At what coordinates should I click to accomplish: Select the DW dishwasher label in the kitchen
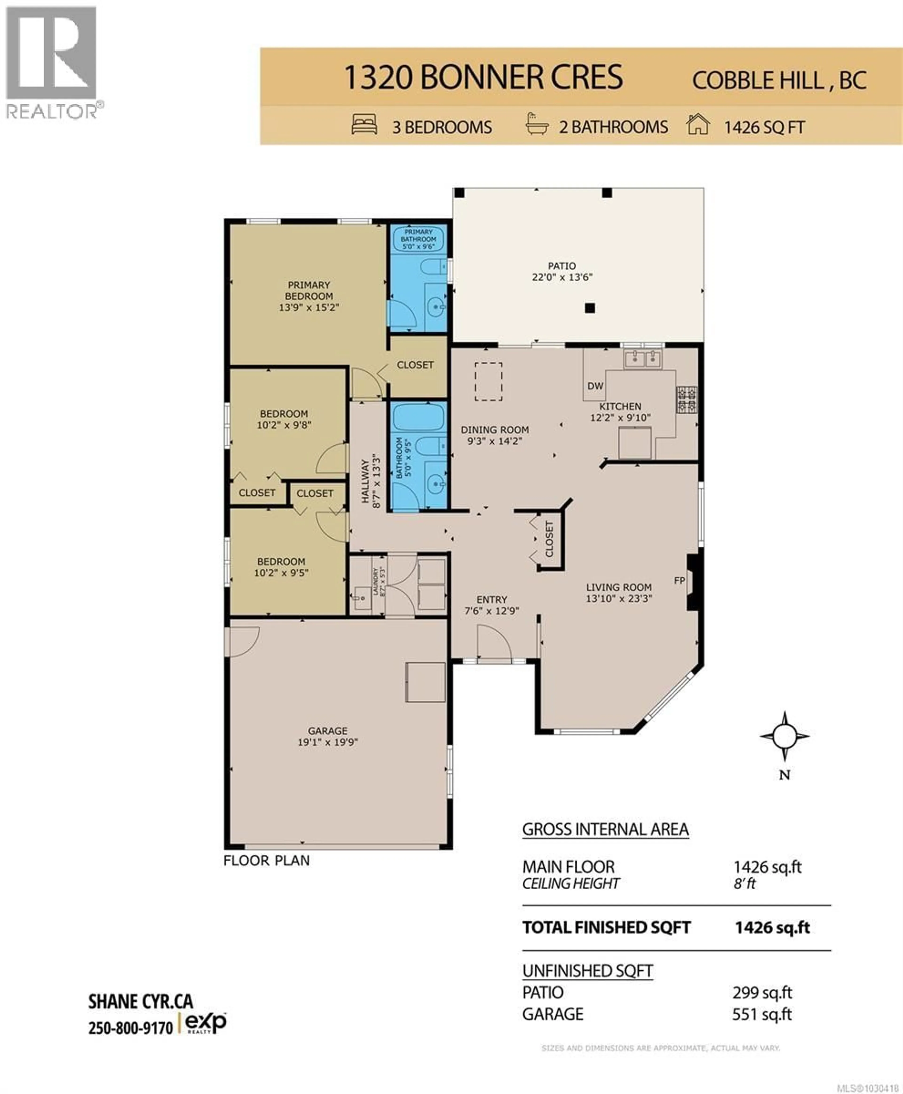(x=595, y=386)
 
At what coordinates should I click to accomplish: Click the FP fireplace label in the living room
(x=679, y=580)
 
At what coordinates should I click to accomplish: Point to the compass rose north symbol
(x=784, y=736)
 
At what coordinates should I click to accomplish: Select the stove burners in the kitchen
(x=687, y=400)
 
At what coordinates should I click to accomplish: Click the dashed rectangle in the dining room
(x=488, y=382)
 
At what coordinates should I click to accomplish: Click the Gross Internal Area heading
(x=606, y=829)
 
